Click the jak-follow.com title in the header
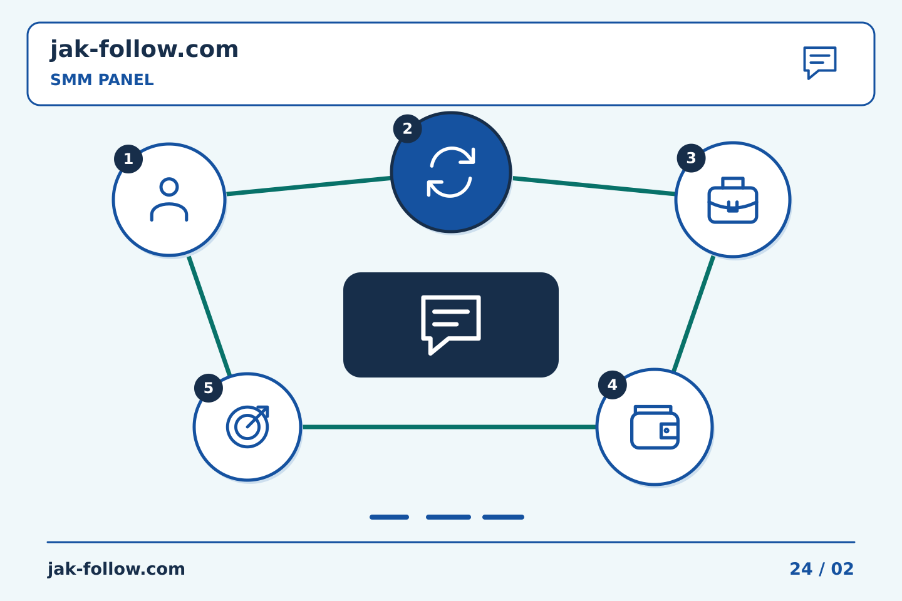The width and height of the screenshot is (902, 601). click(144, 50)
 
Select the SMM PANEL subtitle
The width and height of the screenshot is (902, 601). click(102, 80)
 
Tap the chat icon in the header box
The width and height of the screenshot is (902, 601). click(820, 63)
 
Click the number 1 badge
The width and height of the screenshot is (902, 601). click(128, 159)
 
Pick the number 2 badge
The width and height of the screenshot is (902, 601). click(408, 129)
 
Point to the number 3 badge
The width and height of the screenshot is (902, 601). click(691, 158)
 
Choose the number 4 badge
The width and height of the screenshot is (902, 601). click(613, 385)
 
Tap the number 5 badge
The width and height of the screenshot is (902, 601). click(209, 388)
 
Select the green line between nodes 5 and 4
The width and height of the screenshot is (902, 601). click(449, 427)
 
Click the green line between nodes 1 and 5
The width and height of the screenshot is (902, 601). click(209, 316)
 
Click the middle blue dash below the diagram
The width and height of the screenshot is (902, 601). click(448, 517)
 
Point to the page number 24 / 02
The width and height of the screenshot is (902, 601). click(821, 569)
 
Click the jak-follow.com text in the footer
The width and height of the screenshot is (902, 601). click(116, 569)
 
